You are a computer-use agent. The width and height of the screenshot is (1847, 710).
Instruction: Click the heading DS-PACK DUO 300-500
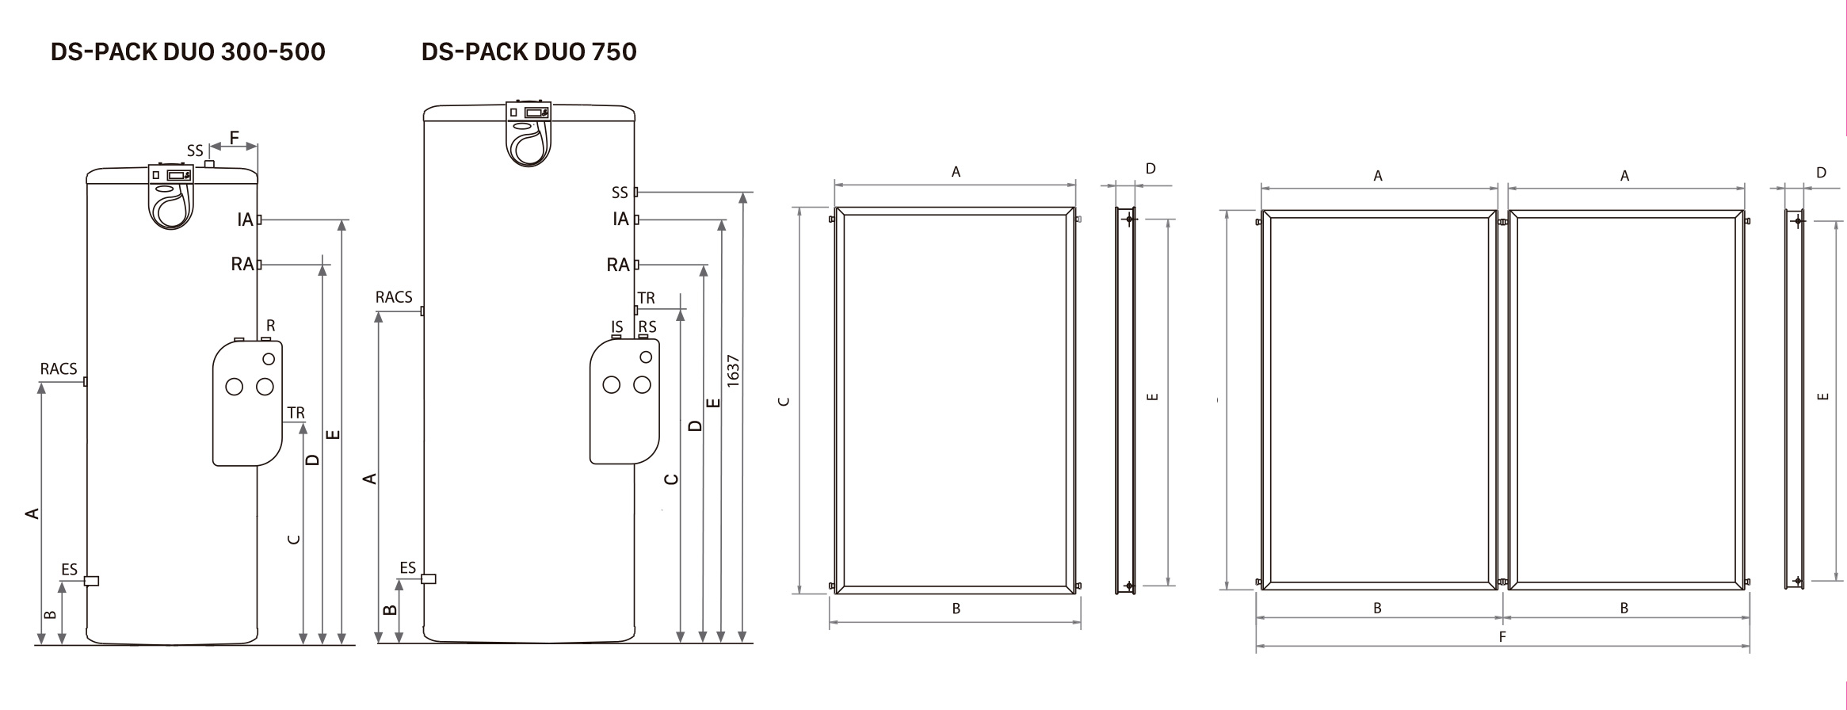(188, 52)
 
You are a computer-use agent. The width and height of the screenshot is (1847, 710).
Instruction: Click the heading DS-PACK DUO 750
(529, 52)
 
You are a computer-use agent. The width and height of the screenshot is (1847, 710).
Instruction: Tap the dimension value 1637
(733, 370)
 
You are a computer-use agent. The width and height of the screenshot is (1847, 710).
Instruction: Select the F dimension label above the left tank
(235, 138)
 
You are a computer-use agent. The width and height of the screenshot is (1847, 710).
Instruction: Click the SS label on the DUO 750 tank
(620, 193)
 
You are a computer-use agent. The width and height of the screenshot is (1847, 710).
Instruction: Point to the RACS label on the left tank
(59, 368)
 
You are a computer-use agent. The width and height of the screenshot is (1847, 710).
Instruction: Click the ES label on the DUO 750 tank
(407, 567)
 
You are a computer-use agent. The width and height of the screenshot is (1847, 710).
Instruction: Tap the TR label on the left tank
(296, 413)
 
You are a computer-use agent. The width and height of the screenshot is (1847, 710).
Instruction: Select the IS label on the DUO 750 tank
(617, 326)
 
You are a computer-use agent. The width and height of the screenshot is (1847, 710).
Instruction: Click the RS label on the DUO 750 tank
(647, 326)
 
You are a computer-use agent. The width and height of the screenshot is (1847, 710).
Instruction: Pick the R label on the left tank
(271, 326)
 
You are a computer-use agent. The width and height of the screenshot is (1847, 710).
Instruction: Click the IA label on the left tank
(245, 219)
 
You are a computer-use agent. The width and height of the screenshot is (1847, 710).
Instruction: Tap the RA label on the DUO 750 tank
(617, 265)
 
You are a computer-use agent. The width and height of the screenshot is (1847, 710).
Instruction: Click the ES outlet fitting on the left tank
(91, 581)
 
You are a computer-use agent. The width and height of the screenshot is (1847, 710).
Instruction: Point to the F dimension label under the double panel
(1502, 636)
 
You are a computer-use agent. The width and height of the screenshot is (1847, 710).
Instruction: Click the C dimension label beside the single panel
(784, 401)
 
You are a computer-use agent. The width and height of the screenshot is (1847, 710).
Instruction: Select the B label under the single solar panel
(956, 609)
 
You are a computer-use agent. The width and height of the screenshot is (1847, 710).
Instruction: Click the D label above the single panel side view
(1151, 168)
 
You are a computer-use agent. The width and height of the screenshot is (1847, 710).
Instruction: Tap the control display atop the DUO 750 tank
(529, 113)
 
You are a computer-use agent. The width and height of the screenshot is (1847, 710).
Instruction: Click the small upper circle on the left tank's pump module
(269, 359)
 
